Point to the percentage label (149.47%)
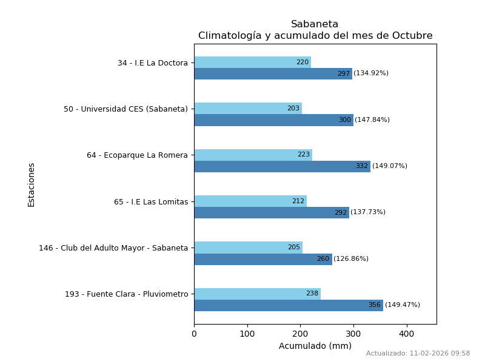pyautogui.click(x=403, y=305)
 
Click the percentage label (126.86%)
pyautogui.click(x=351, y=259)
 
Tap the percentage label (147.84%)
pyautogui.click(x=372, y=120)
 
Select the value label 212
pyautogui.click(x=298, y=201)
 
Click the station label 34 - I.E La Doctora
pyautogui.click(x=153, y=63)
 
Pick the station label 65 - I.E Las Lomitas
pyautogui.click(x=151, y=202)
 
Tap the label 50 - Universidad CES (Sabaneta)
pyautogui.click(x=125, y=109)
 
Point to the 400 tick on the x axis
pyautogui.click(x=407, y=334)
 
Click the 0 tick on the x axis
pyautogui.click(x=194, y=334)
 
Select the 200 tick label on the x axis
pyautogui.click(x=300, y=334)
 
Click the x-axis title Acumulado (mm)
pyautogui.click(x=315, y=346)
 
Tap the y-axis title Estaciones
pyautogui.click(x=32, y=184)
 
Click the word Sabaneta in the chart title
pyautogui.click(x=315, y=24)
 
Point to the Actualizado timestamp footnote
pyautogui.click(x=418, y=354)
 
